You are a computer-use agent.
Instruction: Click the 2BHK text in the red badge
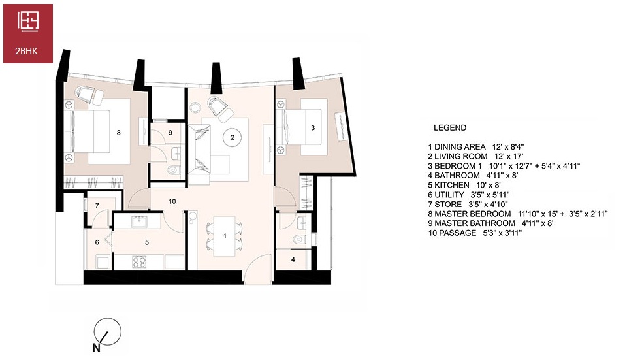26,51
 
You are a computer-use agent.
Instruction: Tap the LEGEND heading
450,128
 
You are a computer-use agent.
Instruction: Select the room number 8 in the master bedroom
118,133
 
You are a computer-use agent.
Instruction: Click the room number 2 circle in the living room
233,137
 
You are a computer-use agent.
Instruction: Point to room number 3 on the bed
313,128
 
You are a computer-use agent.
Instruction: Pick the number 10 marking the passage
172,201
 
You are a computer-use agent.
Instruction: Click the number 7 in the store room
97,206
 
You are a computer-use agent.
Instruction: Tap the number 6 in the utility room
97,242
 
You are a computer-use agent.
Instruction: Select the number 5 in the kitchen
147,242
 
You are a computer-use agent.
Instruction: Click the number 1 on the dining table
224,237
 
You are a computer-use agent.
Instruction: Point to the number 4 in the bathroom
293,259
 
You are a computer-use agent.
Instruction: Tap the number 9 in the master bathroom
170,133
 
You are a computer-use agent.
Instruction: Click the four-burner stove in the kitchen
139,262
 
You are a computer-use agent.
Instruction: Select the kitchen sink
140,221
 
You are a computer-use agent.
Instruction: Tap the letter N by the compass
97,348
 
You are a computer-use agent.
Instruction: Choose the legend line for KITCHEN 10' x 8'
464,185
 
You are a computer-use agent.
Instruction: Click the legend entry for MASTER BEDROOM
518,214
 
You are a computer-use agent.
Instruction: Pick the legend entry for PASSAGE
475,233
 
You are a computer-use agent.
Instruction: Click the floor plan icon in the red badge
28,21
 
